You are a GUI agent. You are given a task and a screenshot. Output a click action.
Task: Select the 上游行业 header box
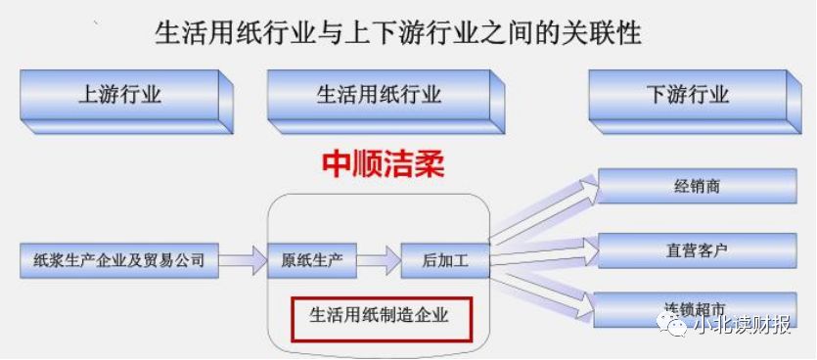[x=119, y=95]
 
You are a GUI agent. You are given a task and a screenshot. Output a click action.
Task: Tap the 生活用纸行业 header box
[x=379, y=95]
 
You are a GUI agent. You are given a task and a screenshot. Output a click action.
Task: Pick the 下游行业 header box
[x=687, y=95]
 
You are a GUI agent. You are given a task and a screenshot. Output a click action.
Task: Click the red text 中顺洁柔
[x=383, y=163]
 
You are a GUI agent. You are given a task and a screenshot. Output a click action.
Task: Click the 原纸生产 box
[x=311, y=261]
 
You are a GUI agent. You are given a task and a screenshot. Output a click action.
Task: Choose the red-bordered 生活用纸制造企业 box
[x=379, y=315]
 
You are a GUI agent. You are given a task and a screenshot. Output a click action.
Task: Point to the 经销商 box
[x=697, y=186]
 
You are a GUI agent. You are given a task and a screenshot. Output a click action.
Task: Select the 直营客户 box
[x=697, y=250]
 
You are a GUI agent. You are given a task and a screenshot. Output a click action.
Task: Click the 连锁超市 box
[x=697, y=309]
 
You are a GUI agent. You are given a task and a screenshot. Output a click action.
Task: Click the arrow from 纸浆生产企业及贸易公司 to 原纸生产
[x=242, y=260]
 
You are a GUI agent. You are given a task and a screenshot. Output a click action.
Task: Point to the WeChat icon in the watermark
[x=675, y=326]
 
